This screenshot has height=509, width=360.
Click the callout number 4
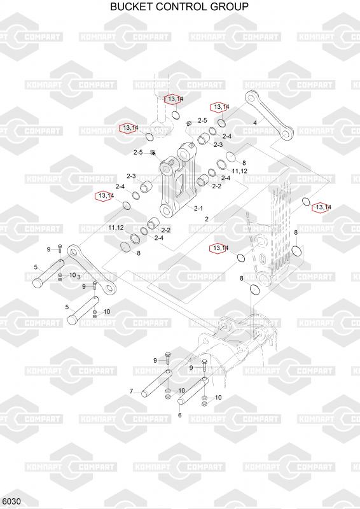pyautogui.click(x=255, y=123)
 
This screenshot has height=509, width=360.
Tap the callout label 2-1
pyautogui.click(x=198, y=208)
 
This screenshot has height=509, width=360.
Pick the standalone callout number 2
pyautogui.click(x=207, y=219)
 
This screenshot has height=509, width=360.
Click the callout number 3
pyautogui.click(x=79, y=277)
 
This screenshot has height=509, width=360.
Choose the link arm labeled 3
pyautogui.click(x=92, y=270)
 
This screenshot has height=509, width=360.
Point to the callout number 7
pyautogui.click(x=131, y=391)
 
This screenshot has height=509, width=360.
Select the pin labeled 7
pyautogui.click(x=155, y=384)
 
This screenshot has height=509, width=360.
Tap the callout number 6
pyautogui.click(x=180, y=415)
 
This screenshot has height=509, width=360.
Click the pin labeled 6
pyautogui.click(x=193, y=391)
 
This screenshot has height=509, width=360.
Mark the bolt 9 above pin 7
pyautogui.click(x=167, y=358)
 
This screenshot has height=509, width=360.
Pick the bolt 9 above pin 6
pyautogui.click(x=204, y=365)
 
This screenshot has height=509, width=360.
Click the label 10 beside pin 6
pyautogui.click(x=218, y=397)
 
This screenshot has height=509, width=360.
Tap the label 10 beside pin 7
pyautogui.click(x=181, y=390)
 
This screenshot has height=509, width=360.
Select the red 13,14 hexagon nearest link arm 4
pyautogui.click(x=220, y=107)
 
